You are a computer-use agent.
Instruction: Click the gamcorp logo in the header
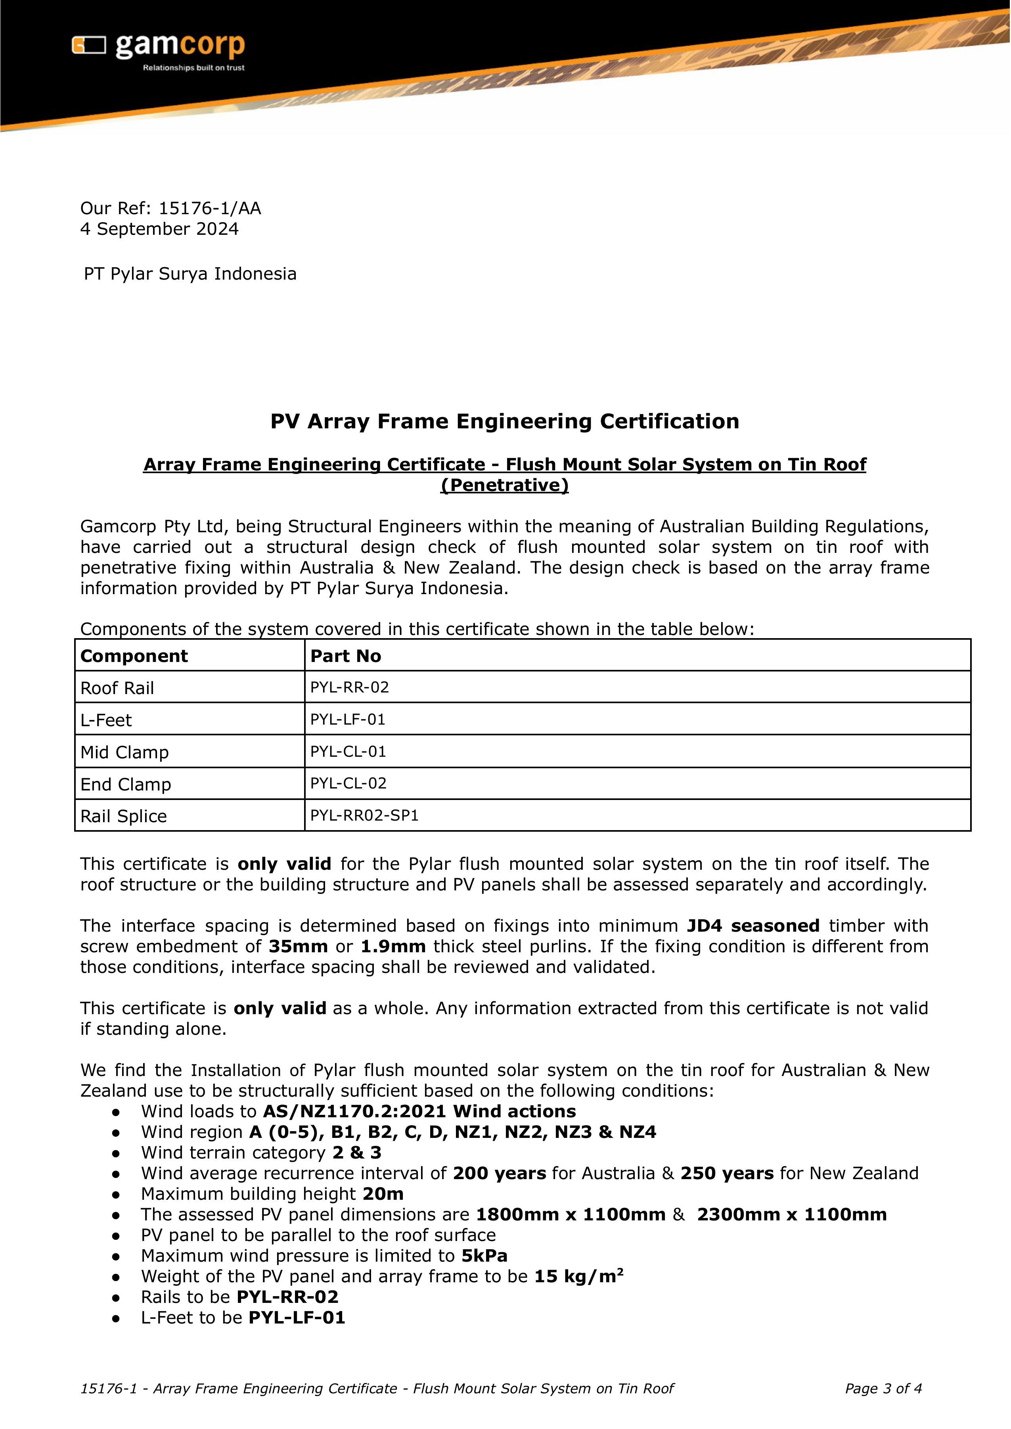click(159, 47)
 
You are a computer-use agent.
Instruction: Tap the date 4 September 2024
click(159, 229)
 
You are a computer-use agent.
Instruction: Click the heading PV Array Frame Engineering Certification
click(505, 422)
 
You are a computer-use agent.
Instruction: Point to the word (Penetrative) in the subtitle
click(505, 485)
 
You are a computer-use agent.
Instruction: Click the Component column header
click(134, 656)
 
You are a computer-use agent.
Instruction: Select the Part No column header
click(345, 656)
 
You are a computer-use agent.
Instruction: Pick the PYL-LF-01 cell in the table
click(348, 720)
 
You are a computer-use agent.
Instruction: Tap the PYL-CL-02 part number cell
click(348, 783)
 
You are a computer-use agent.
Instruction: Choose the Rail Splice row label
click(124, 816)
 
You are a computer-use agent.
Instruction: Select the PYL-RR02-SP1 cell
click(365, 816)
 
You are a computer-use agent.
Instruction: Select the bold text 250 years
click(726, 1173)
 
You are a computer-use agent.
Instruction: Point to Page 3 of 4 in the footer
click(883, 1389)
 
